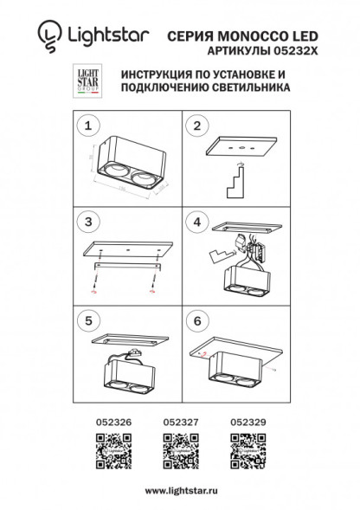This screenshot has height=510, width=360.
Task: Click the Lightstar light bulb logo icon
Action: point(48,36)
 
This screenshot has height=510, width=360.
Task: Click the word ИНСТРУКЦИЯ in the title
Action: point(155,76)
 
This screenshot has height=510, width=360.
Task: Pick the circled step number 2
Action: point(196,127)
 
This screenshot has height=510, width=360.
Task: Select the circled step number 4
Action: point(196,223)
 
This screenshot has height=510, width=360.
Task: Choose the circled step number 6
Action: point(196,320)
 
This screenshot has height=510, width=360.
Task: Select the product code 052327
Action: point(178,422)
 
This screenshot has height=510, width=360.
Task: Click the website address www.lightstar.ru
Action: point(179,490)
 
